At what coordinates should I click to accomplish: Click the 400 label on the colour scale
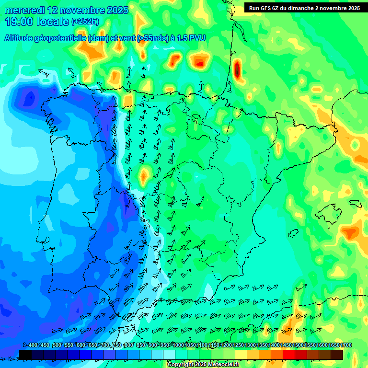pyautogui.click(x=33, y=345)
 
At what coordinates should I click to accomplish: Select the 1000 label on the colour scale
pyautogui.click(x=178, y=345)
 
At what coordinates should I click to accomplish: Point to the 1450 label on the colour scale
pyautogui.click(x=286, y=345)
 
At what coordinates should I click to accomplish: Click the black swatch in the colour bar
pyautogui.click(x=25, y=355)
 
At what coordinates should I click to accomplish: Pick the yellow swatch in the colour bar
pyautogui.click(x=241, y=355)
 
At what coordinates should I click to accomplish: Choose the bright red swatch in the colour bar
pyautogui.click(x=289, y=355)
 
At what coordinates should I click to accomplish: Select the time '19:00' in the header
pyautogui.click(x=19, y=22)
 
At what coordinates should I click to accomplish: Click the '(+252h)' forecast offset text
pyautogui.click(x=85, y=22)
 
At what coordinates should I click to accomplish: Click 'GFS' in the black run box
pyautogui.click(x=265, y=8)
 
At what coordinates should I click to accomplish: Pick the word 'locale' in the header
pyautogui.click(x=52, y=22)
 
